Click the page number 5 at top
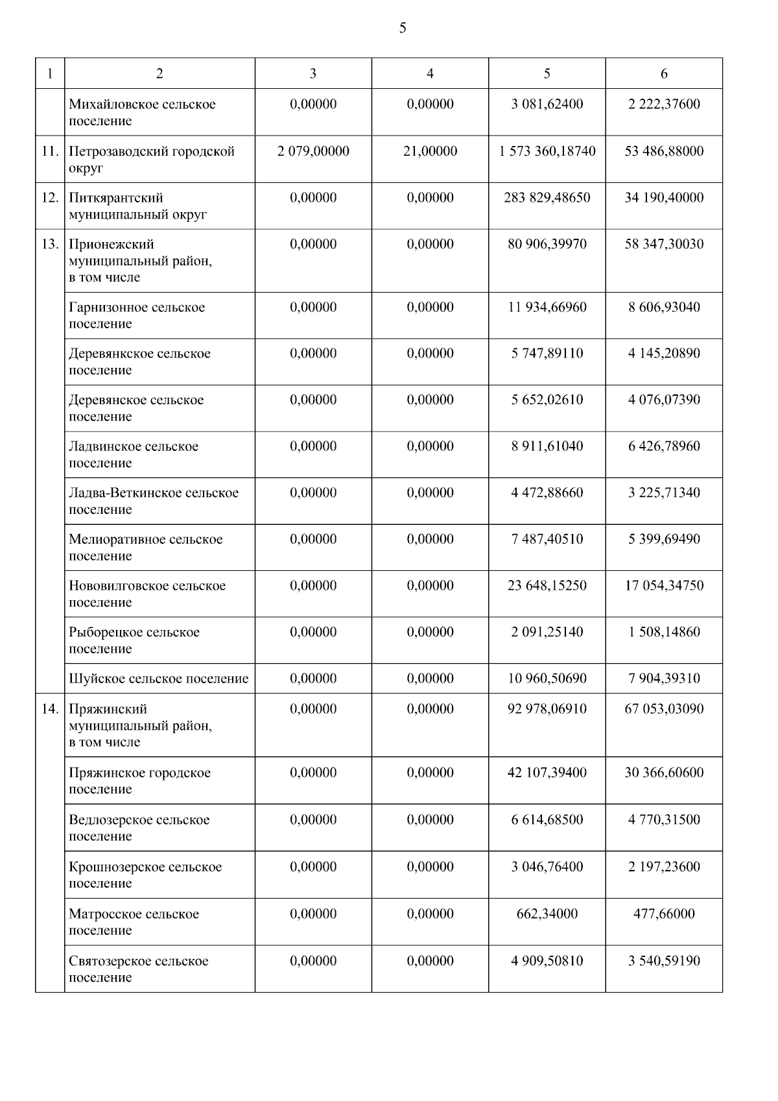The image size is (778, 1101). click(403, 28)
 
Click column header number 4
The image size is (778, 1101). click(430, 73)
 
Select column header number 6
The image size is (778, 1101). click(664, 73)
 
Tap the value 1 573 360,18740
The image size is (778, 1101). click(547, 151)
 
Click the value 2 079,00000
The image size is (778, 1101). click(313, 151)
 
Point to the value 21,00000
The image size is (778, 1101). click(430, 151)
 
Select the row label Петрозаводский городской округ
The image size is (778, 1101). click(151, 159)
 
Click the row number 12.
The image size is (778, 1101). click(50, 198)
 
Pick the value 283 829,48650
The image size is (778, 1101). click(547, 198)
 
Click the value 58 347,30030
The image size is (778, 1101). click(664, 245)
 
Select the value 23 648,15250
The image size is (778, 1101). click(547, 586)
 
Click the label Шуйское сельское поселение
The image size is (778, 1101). click(158, 679)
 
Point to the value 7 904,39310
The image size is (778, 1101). click(664, 679)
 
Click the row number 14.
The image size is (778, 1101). click(50, 709)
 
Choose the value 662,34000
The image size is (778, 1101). click(547, 914)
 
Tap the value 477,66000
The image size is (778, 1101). click(664, 914)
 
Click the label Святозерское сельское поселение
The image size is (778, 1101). click(138, 969)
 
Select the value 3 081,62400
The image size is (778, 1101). click(547, 104)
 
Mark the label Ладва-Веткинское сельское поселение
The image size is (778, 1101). click(153, 501)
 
